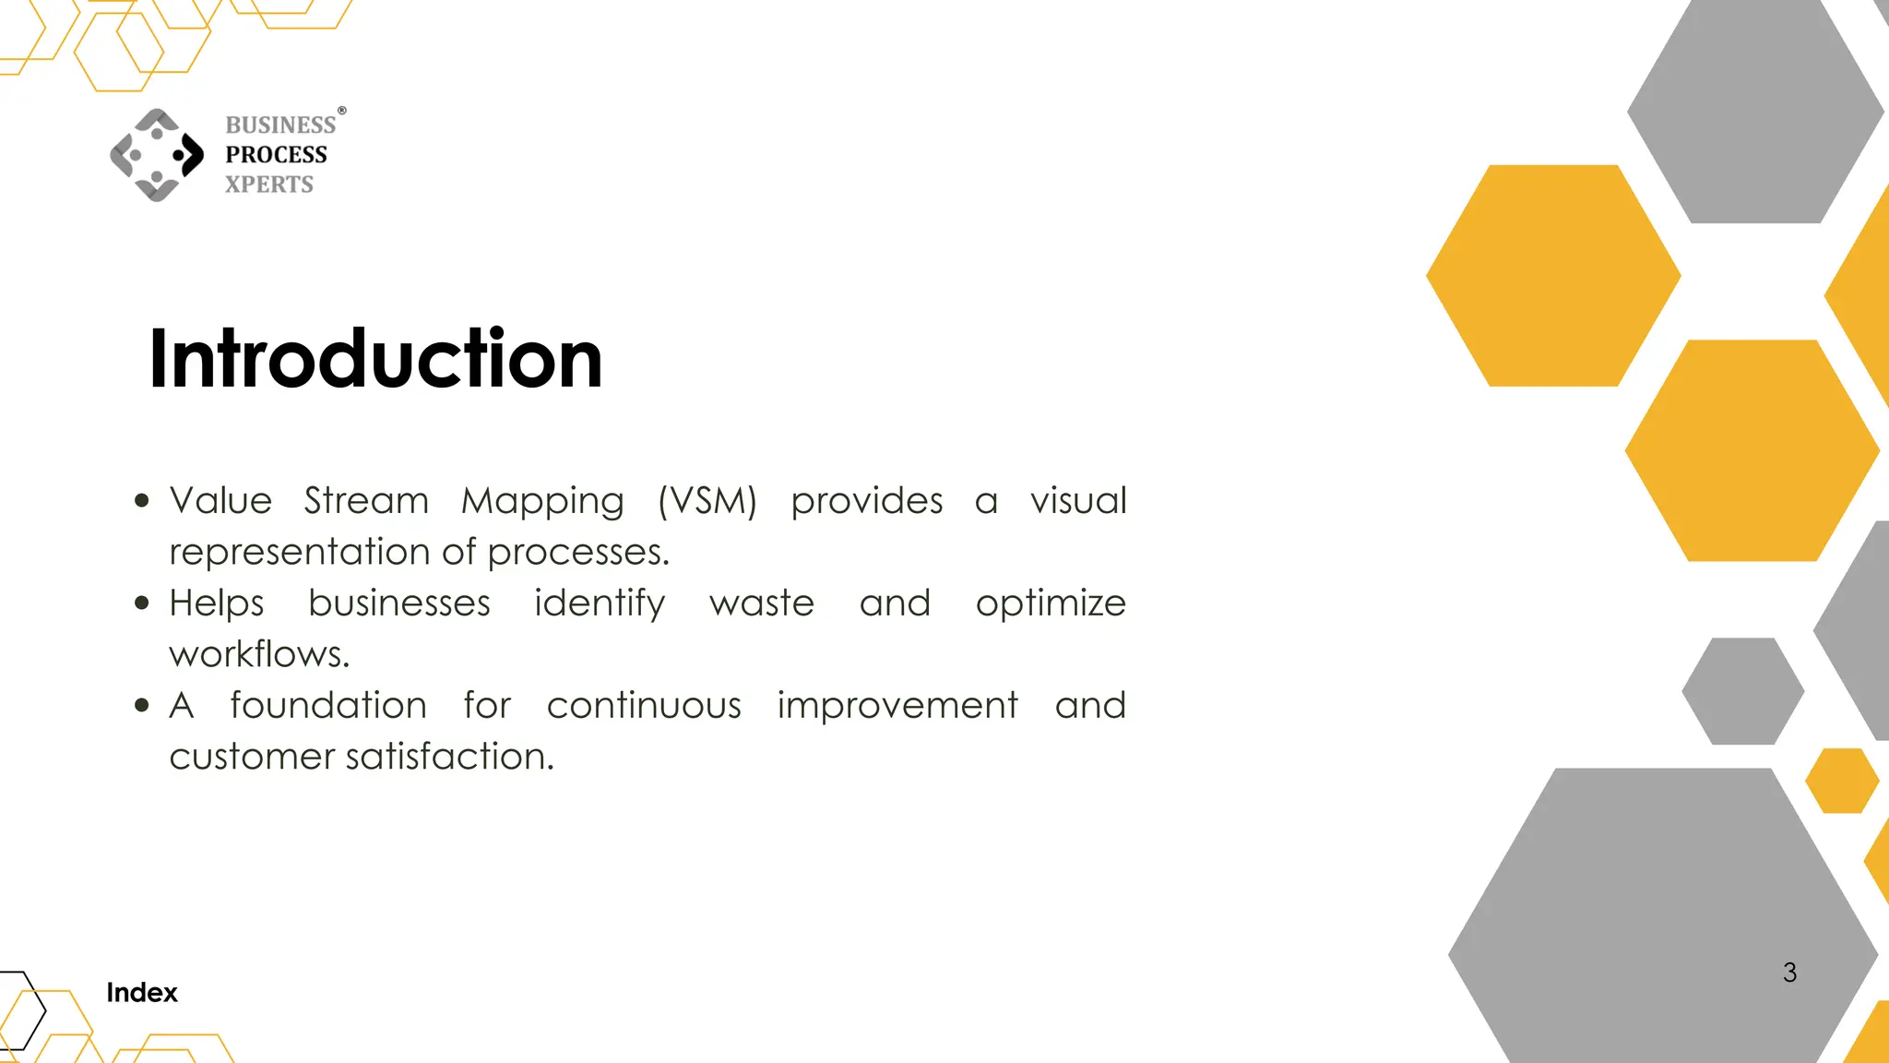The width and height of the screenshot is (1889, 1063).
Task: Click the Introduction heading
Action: click(x=374, y=359)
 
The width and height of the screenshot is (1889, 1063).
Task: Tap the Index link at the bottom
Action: click(x=141, y=993)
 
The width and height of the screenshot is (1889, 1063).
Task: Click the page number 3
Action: click(x=1789, y=973)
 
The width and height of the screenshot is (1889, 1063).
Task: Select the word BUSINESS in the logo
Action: click(x=280, y=125)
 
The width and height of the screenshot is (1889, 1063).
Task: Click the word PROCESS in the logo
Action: click(x=276, y=154)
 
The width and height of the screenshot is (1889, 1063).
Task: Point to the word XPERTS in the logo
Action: click(x=269, y=185)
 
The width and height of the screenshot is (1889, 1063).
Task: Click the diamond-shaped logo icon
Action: click(x=157, y=155)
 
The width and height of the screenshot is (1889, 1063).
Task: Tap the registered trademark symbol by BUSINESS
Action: click(x=342, y=111)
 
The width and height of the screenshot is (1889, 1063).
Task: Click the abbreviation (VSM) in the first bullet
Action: click(x=707, y=501)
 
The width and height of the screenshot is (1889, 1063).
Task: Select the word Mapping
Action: click(x=542, y=501)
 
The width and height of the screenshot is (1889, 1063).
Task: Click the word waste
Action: click(x=762, y=603)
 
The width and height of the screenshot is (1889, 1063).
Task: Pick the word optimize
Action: click(x=1051, y=604)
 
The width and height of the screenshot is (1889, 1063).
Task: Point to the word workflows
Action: click(x=258, y=654)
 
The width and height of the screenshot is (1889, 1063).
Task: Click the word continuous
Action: click(x=644, y=706)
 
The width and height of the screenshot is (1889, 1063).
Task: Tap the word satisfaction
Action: click(x=449, y=757)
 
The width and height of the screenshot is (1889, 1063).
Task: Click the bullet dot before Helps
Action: click(x=141, y=603)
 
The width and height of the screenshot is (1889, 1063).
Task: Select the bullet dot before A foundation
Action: click(x=141, y=706)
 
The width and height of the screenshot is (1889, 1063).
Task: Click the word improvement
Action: click(x=897, y=706)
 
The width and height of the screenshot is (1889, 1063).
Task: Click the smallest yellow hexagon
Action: click(x=1841, y=781)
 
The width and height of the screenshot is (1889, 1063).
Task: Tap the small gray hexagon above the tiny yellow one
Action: click(x=1742, y=691)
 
